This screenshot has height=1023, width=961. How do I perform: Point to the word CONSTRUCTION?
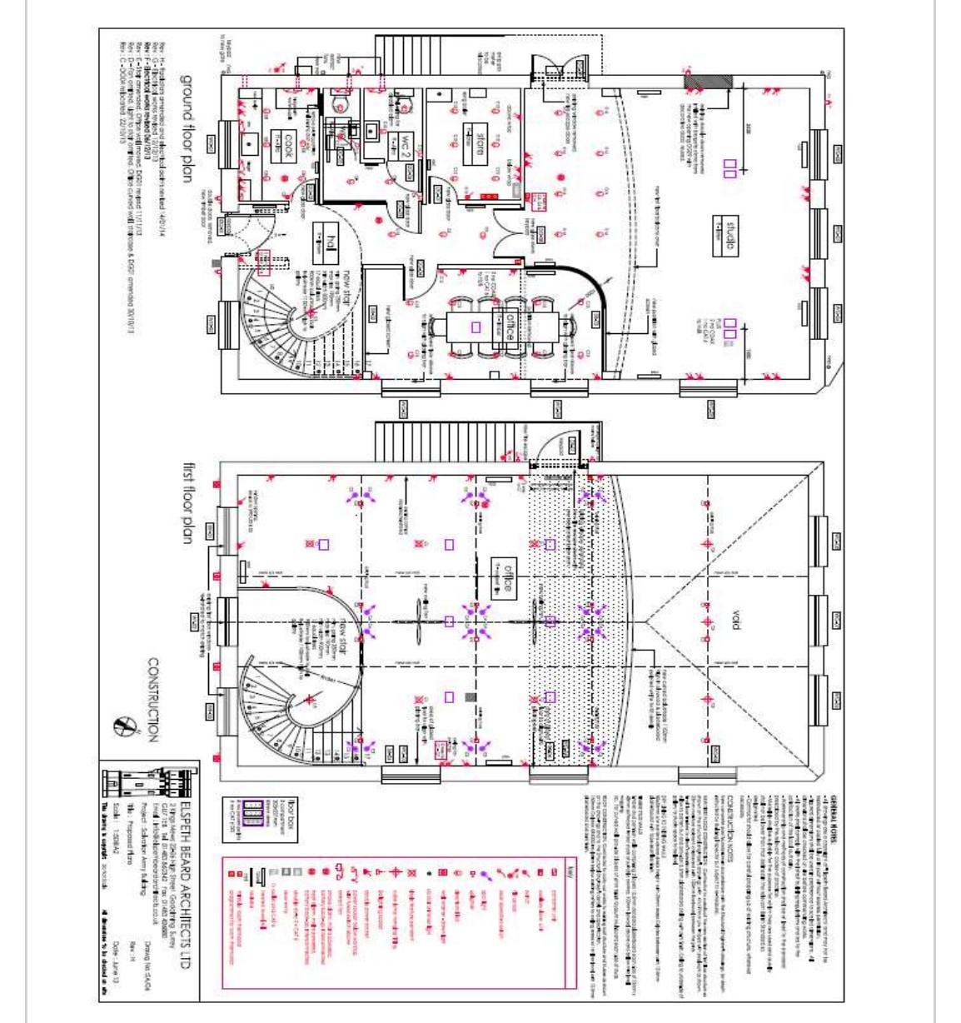(152, 699)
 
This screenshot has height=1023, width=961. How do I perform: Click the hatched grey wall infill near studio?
(708, 81)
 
